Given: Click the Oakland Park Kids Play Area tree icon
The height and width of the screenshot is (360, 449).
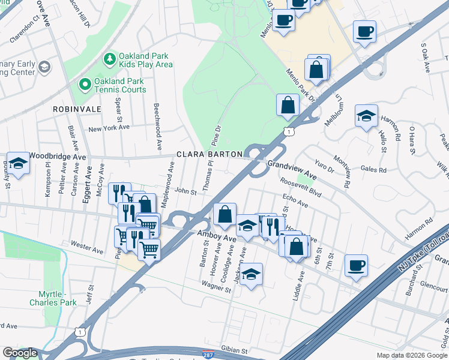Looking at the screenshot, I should [x=110, y=58].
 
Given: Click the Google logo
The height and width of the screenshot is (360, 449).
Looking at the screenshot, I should [x=20, y=353].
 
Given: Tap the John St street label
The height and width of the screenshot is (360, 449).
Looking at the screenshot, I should [x=185, y=192].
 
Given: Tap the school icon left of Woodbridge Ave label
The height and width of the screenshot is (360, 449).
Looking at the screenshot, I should [x=19, y=163].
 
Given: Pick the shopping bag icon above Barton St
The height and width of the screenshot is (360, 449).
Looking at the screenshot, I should [x=224, y=214].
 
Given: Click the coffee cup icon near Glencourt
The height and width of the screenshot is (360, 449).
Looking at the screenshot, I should [x=356, y=265].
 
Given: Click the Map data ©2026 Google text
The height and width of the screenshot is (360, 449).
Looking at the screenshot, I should [x=411, y=355].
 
